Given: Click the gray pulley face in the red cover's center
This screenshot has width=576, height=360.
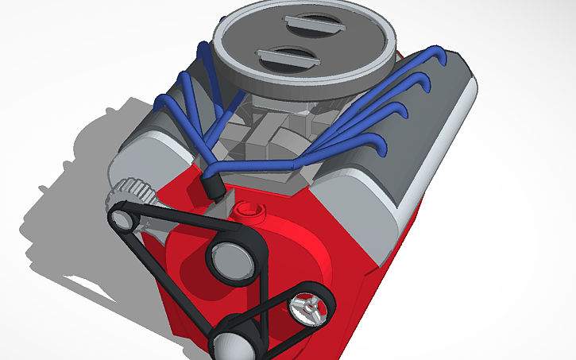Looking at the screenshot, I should point(227,259).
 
